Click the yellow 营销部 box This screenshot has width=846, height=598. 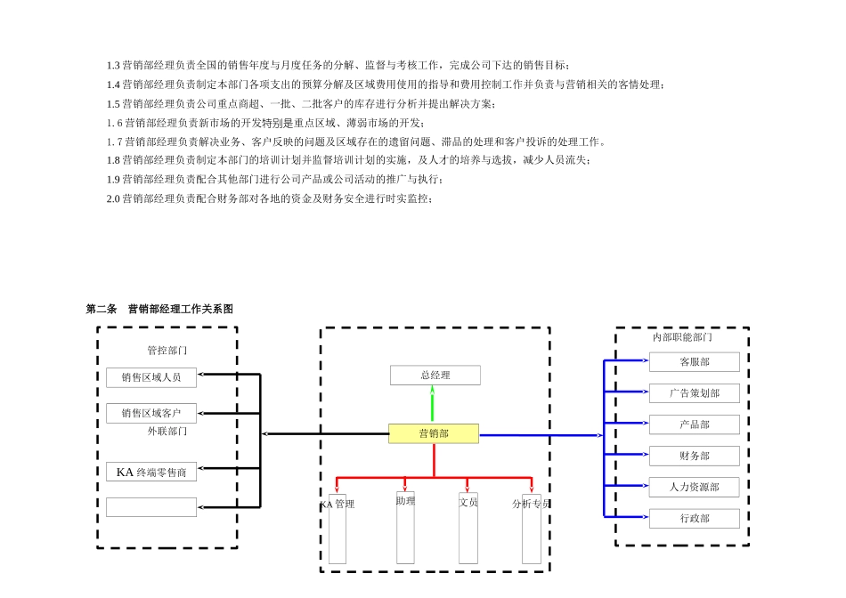click(434, 434)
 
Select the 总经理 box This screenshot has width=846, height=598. click(435, 376)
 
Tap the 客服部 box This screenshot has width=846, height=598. click(694, 362)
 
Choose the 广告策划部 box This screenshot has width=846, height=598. click(694, 393)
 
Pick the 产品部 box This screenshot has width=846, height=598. click(694, 424)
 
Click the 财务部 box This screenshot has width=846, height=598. click(694, 456)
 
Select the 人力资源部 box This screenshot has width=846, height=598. click(694, 487)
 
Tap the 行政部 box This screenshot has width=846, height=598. click(694, 518)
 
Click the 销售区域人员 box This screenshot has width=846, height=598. click(151, 377)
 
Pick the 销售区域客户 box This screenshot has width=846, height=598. click(151, 413)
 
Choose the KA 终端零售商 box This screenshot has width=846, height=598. click(151, 472)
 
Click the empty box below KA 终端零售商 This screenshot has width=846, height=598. click(151, 507)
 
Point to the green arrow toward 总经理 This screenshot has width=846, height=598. click(433, 405)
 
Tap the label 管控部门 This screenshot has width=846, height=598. click(167, 351)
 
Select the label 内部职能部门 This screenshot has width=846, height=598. click(682, 337)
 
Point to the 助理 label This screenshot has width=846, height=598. click(405, 501)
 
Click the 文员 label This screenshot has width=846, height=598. click(468, 502)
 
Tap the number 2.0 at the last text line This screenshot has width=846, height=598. click(113, 198)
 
